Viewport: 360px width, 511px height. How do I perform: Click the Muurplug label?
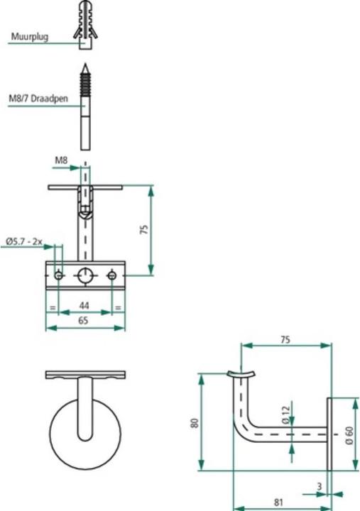(x=29, y=36)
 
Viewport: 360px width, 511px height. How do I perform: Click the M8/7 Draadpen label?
(x=39, y=99)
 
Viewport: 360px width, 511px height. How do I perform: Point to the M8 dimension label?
(x=62, y=160)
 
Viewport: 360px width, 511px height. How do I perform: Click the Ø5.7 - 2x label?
(x=24, y=242)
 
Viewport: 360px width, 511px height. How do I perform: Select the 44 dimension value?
(x=84, y=304)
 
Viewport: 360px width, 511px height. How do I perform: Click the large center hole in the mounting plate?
(x=85, y=275)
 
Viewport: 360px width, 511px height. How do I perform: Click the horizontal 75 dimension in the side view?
(x=285, y=339)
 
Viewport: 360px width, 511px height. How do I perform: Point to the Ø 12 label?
(x=285, y=416)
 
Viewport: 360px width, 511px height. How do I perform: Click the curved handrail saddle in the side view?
(x=239, y=373)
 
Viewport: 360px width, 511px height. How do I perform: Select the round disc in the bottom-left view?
(x=84, y=433)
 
